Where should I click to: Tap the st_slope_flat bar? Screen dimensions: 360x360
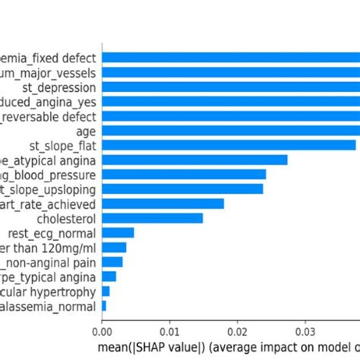228,145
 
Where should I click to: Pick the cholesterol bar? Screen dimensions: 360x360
152,218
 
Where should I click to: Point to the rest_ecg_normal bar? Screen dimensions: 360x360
118,232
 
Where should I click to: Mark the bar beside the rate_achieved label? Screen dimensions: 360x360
163,204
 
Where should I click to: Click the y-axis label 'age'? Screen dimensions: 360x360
87,131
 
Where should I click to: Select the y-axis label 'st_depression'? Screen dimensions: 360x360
64,87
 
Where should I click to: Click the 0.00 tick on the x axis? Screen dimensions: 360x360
102,330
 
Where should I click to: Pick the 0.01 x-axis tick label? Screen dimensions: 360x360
169,330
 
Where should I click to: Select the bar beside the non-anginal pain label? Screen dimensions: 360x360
112,261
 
